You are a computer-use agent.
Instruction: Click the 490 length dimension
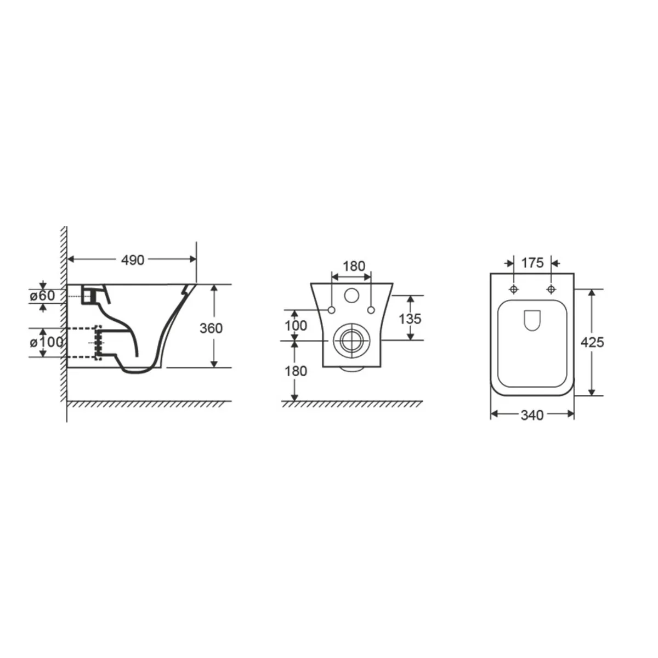[x=133, y=260]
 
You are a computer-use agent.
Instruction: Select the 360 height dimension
[x=211, y=328]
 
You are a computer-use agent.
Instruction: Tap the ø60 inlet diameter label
[x=42, y=296]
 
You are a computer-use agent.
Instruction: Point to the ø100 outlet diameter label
[x=47, y=342]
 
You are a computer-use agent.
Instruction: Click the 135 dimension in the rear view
[x=410, y=319]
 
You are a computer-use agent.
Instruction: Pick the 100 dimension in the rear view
[x=296, y=326]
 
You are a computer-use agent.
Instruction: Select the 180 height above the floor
[x=296, y=371]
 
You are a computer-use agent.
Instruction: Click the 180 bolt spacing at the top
[x=354, y=266]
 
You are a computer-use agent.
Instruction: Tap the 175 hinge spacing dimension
[x=532, y=263]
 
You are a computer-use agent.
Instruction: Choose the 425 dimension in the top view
[x=592, y=342]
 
